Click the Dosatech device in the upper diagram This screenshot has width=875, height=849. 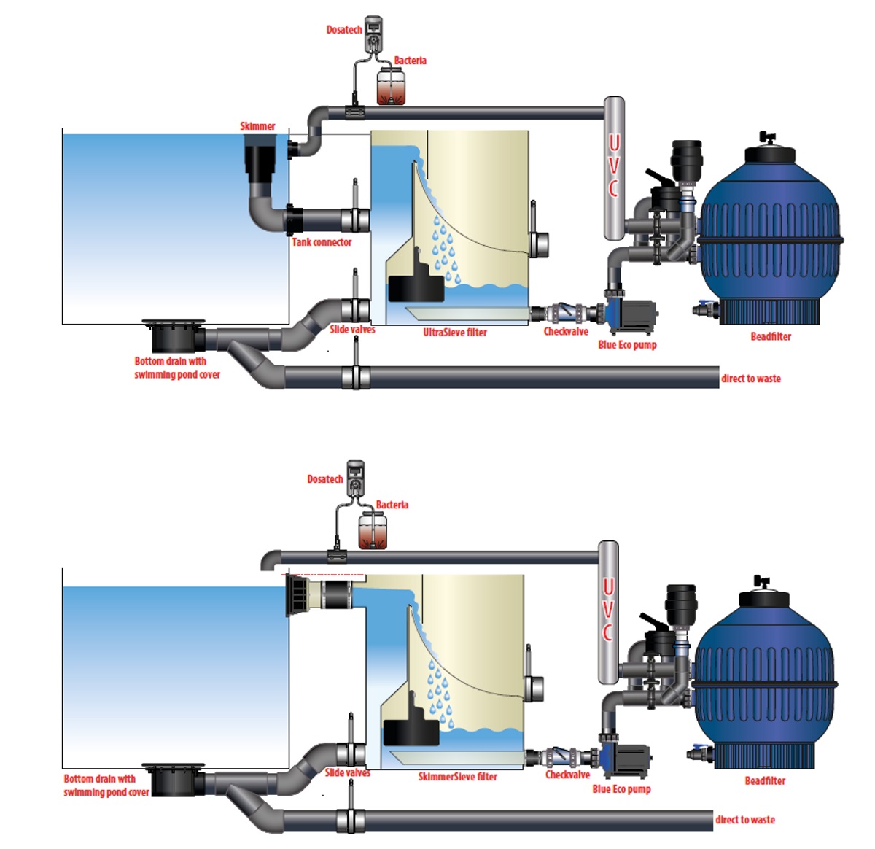coord(373,34)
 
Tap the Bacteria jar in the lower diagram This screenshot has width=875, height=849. coord(373,530)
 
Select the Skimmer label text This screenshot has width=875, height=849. coord(257,126)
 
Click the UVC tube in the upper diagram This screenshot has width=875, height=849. coord(614,168)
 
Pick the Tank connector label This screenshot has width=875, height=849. coord(322,242)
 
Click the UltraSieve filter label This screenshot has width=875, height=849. coord(455,333)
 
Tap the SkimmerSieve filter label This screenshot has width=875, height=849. coord(457,777)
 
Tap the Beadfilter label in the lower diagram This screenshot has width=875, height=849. coord(765,780)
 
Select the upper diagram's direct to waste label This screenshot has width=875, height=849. coord(750,379)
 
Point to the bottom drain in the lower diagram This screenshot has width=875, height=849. coord(174,780)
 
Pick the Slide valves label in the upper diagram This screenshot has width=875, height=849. coord(352,330)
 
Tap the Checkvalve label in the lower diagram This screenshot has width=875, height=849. coord(567,775)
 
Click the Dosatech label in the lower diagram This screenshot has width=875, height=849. coord(324,479)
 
